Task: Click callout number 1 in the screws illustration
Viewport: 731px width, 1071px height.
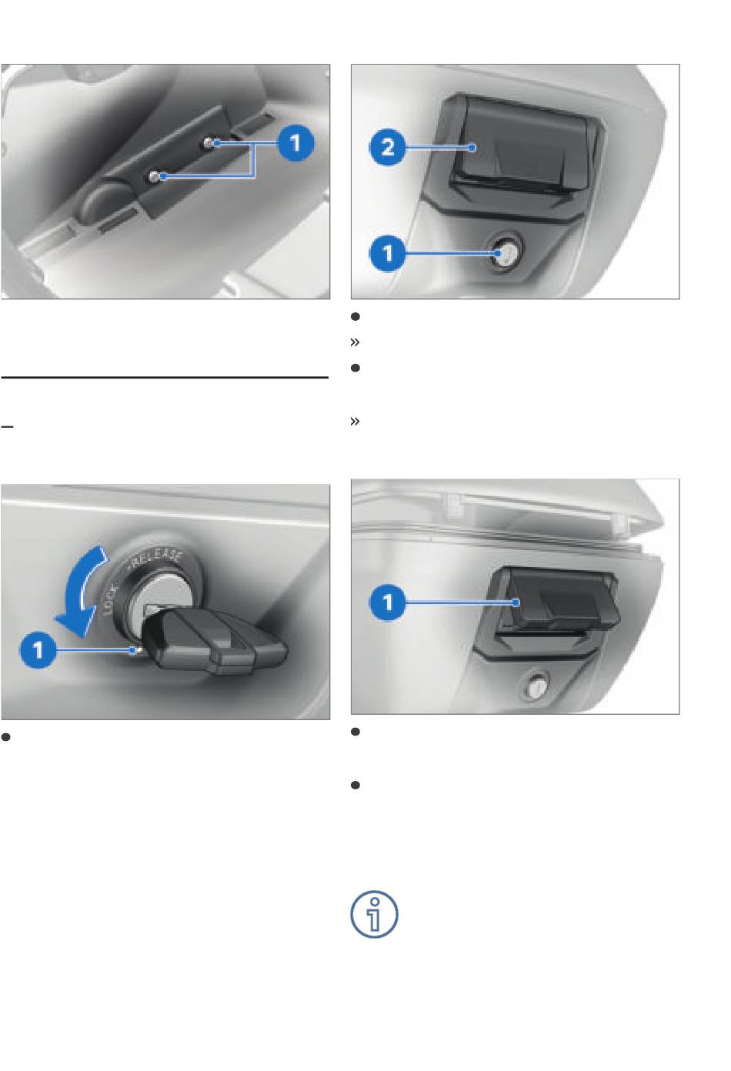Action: (x=295, y=142)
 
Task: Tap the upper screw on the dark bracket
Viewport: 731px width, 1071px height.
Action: (x=209, y=142)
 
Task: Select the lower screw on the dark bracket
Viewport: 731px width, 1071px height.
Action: (x=154, y=177)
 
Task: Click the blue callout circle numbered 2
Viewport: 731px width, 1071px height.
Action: (x=387, y=147)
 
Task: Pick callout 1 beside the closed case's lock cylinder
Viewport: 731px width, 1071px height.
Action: (x=387, y=253)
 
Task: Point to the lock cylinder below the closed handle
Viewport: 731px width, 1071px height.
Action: (x=506, y=252)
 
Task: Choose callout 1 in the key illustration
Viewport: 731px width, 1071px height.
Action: (x=38, y=650)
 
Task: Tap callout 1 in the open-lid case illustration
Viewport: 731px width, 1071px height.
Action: (x=387, y=602)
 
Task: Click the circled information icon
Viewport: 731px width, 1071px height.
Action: (x=374, y=914)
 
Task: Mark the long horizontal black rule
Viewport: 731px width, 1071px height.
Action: (x=165, y=377)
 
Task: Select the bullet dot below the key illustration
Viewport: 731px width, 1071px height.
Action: (x=5, y=737)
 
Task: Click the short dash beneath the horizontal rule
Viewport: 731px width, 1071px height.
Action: (x=7, y=425)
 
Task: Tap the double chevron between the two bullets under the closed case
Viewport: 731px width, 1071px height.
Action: (x=355, y=342)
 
